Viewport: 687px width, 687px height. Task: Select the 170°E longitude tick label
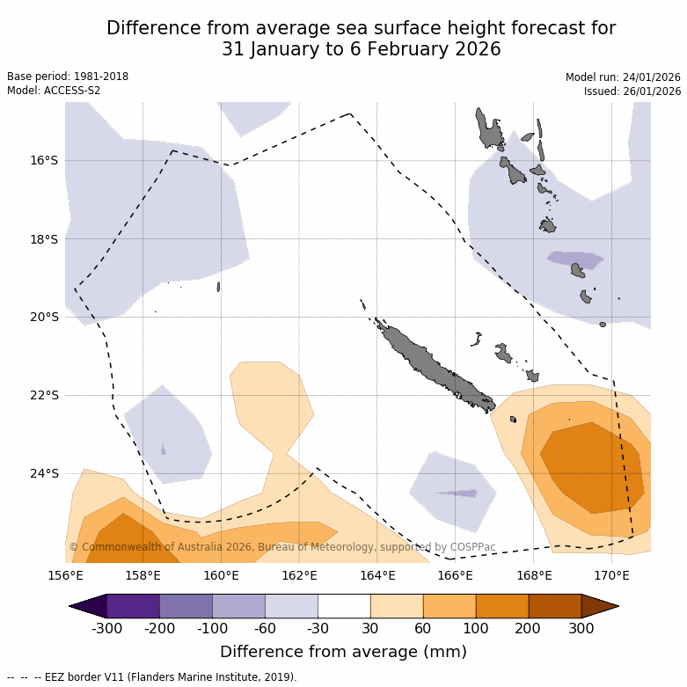click(611, 576)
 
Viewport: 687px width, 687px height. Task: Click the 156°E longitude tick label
click(65, 576)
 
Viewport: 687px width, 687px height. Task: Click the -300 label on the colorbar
click(106, 628)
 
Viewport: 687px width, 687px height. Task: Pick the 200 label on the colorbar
click(529, 628)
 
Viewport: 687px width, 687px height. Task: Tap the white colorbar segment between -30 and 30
click(344, 606)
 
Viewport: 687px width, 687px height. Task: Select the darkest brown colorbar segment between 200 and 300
click(555, 606)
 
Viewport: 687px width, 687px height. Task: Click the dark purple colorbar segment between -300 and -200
click(133, 606)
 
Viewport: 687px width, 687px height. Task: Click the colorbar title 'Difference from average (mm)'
click(343, 652)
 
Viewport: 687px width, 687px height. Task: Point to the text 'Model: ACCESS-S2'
click(54, 91)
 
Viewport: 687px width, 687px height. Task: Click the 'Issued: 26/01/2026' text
click(632, 91)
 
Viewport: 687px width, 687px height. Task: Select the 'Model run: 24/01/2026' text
click(623, 77)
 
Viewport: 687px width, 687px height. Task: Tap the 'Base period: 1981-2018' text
click(68, 77)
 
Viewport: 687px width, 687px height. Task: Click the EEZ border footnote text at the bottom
click(152, 677)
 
